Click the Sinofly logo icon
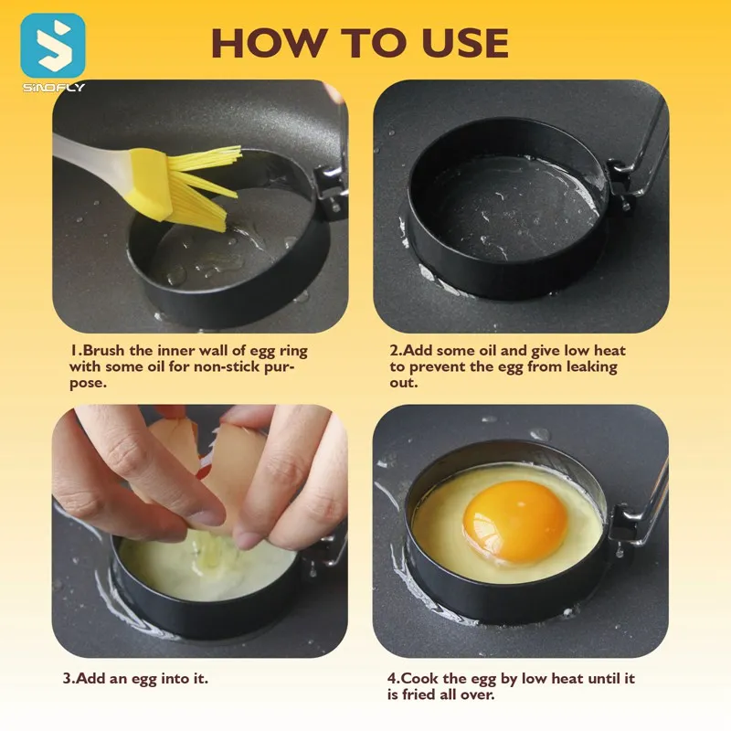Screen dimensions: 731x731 (53, 46)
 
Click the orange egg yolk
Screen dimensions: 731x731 (514, 521)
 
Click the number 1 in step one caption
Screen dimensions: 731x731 (72, 351)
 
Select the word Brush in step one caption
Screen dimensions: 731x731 (105, 351)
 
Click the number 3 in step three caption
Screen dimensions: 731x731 (67, 679)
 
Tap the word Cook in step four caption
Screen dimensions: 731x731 (418, 679)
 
